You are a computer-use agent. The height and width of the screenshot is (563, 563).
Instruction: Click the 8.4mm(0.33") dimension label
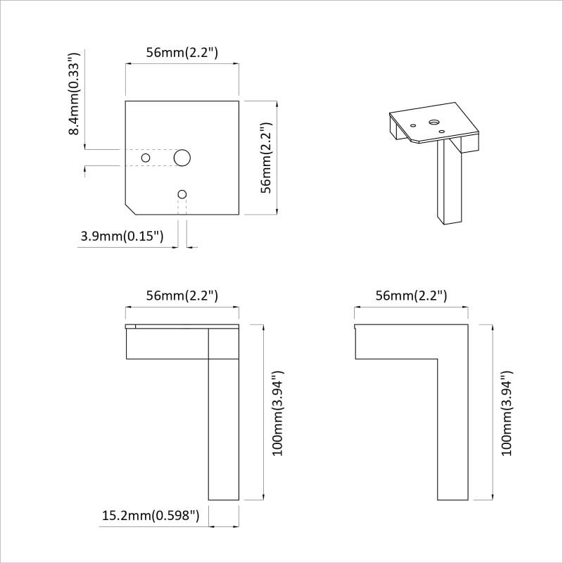[x=74, y=94]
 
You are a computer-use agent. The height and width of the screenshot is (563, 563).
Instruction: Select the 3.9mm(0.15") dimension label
[x=122, y=236]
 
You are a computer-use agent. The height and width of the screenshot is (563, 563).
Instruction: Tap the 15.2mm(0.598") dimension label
[x=151, y=516]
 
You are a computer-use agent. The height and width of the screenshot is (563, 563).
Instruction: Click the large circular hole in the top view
[x=182, y=158]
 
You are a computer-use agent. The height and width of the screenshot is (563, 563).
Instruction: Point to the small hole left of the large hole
[x=146, y=158]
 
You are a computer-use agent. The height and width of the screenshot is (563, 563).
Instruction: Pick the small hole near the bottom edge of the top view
[x=182, y=195]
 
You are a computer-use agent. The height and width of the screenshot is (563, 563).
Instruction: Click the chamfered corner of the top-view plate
[x=130, y=209]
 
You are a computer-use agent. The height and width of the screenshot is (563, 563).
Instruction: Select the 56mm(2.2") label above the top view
[x=182, y=53]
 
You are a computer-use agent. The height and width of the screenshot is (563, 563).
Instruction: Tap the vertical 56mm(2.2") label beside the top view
[x=267, y=158]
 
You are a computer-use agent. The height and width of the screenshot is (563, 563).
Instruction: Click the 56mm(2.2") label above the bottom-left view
[x=182, y=296]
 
